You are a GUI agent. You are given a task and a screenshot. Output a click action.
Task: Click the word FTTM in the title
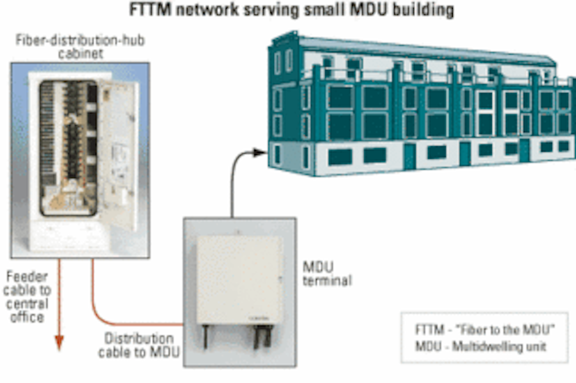[150, 10]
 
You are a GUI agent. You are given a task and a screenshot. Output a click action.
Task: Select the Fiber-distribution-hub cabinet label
[80, 46]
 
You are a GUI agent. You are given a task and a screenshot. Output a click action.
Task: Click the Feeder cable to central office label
[27, 297]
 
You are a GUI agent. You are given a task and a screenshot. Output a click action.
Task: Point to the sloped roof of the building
[420, 50]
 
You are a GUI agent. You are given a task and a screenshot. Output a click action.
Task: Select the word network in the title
[207, 10]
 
